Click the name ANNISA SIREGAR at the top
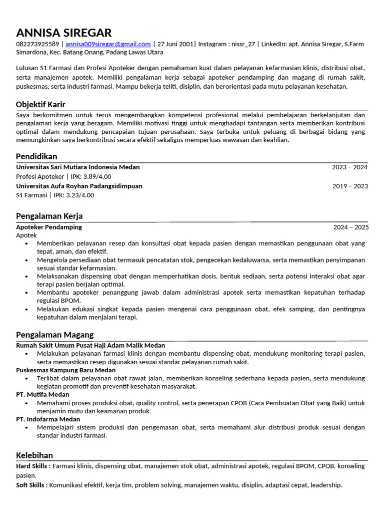[x=64, y=33]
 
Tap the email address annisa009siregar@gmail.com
[x=108, y=44]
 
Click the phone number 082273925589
[x=37, y=44]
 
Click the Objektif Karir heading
[x=40, y=104]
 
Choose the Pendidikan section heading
[x=36, y=156]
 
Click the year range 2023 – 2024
[x=349, y=167]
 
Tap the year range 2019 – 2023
[x=349, y=186]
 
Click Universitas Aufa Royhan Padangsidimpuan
[x=79, y=186]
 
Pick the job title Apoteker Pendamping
[x=49, y=227]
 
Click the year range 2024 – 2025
[x=350, y=227]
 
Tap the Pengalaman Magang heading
[x=54, y=335]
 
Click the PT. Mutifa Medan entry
[x=42, y=395]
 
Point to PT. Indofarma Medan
[x=48, y=419]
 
